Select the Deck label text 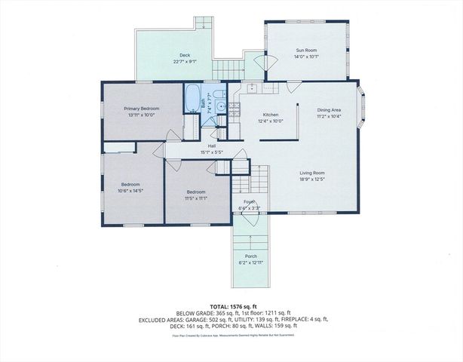[184, 55]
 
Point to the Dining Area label [329, 110]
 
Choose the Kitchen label [250, 113]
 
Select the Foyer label [247, 201]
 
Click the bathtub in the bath [192, 99]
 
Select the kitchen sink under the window [254, 88]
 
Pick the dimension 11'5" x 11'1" [196, 199]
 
